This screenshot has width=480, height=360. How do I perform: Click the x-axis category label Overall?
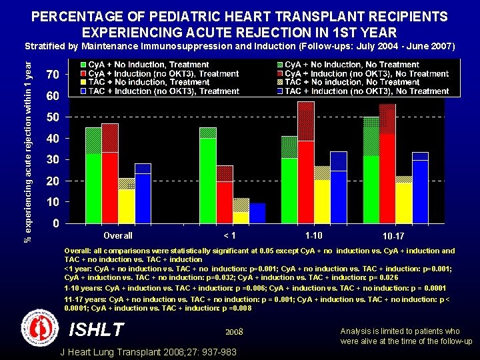[x=118, y=235]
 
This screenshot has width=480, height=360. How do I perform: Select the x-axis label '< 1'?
[x=229, y=235]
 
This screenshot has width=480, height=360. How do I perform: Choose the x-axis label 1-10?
[x=313, y=235]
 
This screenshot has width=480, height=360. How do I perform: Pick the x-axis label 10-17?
[x=393, y=236]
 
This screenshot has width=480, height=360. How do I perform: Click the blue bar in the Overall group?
[x=143, y=193]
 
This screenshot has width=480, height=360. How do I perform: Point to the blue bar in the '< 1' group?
[x=257, y=213]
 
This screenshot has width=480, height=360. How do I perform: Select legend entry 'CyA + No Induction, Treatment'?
[x=143, y=65]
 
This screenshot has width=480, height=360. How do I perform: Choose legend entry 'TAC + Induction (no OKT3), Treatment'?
[x=159, y=91]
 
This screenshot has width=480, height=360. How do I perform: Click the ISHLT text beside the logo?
[x=97, y=330]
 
